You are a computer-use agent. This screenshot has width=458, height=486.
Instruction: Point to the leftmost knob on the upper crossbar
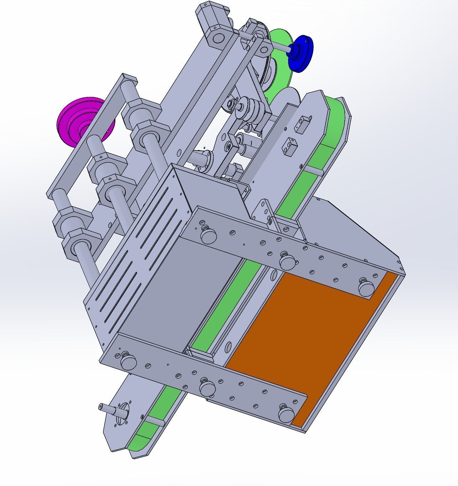pos(209,235)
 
